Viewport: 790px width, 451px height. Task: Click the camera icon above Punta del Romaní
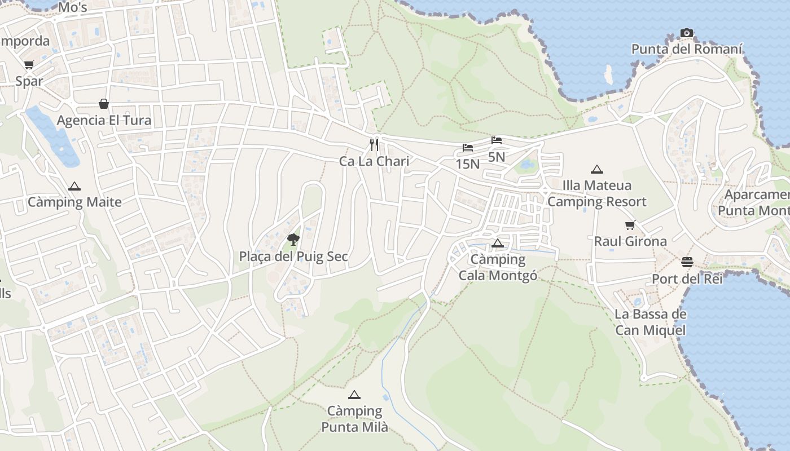pyautogui.click(x=686, y=33)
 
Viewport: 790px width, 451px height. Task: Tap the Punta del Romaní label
pyautogui.click(x=687, y=49)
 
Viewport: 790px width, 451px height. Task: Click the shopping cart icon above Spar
pyautogui.click(x=29, y=65)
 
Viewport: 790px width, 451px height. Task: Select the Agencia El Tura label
pyautogui.click(x=104, y=120)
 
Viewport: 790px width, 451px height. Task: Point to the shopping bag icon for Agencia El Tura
pyautogui.click(x=104, y=104)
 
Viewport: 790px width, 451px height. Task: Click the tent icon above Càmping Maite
pyautogui.click(x=74, y=186)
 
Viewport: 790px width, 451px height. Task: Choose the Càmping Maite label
pyautogui.click(x=74, y=202)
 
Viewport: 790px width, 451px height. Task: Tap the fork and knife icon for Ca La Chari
pyautogui.click(x=374, y=145)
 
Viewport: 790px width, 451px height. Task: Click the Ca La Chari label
pyautogui.click(x=374, y=161)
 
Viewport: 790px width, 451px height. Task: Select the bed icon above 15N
pyautogui.click(x=468, y=148)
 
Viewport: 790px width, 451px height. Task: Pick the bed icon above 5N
pyautogui.click(x=497, y=140)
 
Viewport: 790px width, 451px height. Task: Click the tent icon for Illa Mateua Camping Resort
pyautogui.click(x=596, y=169)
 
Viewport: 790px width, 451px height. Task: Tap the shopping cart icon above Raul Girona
pyautogui.click(x=630, y=225)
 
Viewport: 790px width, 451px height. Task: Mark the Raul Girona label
pyautogui.click(x=630, y=241)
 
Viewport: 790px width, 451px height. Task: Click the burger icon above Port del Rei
pyautogui.click(x=687, y=262)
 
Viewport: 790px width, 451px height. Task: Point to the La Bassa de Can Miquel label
pyautogui.click(x=650, y=322)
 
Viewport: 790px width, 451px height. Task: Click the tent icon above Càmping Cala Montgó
pyautogui.click(x=497, y=244)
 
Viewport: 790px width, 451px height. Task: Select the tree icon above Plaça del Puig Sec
pyautogui.click(x=293, y=240)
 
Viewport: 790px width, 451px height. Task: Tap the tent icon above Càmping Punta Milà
pyautogui.click(x=354, y=395)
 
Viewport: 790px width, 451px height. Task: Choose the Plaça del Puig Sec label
pyautogui.click(x=293, y=257)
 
